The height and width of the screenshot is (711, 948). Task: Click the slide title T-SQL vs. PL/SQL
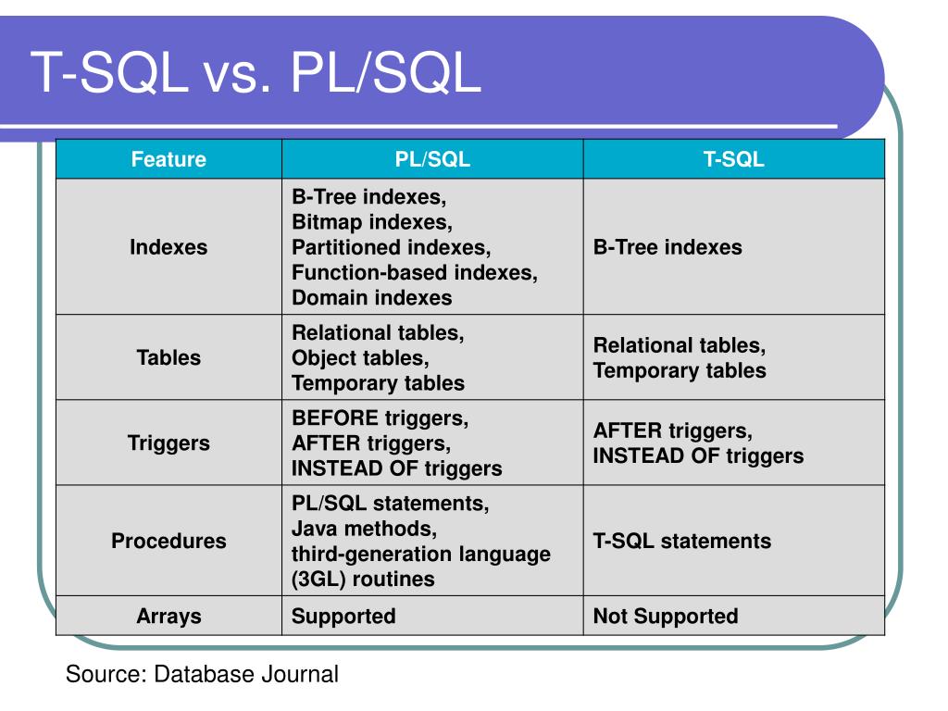(x=256, y=73)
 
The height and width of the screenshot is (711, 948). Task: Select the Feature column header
(x=168, y=159)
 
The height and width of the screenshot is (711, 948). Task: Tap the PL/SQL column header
(x=432, y=159)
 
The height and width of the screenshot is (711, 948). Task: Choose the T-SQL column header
(x=733, y=159)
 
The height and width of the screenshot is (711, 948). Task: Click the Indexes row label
(x=168, y=248)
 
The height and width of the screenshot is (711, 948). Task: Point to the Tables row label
(x=168, y=358)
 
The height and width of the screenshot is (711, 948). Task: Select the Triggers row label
(x=168, y=443)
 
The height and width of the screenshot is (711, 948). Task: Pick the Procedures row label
(x=168, y=542)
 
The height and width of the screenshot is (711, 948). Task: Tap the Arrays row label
(x=168, y=617)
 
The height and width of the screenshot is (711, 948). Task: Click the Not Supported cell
(x=666, y=617)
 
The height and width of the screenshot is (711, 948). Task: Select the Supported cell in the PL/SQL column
(x=343, y=617)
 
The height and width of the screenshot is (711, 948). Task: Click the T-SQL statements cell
(x=681, y=542)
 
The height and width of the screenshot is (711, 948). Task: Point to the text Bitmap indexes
(x=372, y=223)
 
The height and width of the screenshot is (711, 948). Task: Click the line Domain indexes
(x=372, y=298)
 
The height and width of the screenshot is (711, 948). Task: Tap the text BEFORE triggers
(x=380, y=418)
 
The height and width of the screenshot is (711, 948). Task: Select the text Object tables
(x=360, y=358)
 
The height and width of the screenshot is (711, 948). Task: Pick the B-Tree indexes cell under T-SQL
(x=667, y=248)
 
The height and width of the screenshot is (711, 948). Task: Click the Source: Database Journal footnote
(x=202, y=674)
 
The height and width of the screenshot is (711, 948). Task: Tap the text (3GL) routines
(x=363, y=580)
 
